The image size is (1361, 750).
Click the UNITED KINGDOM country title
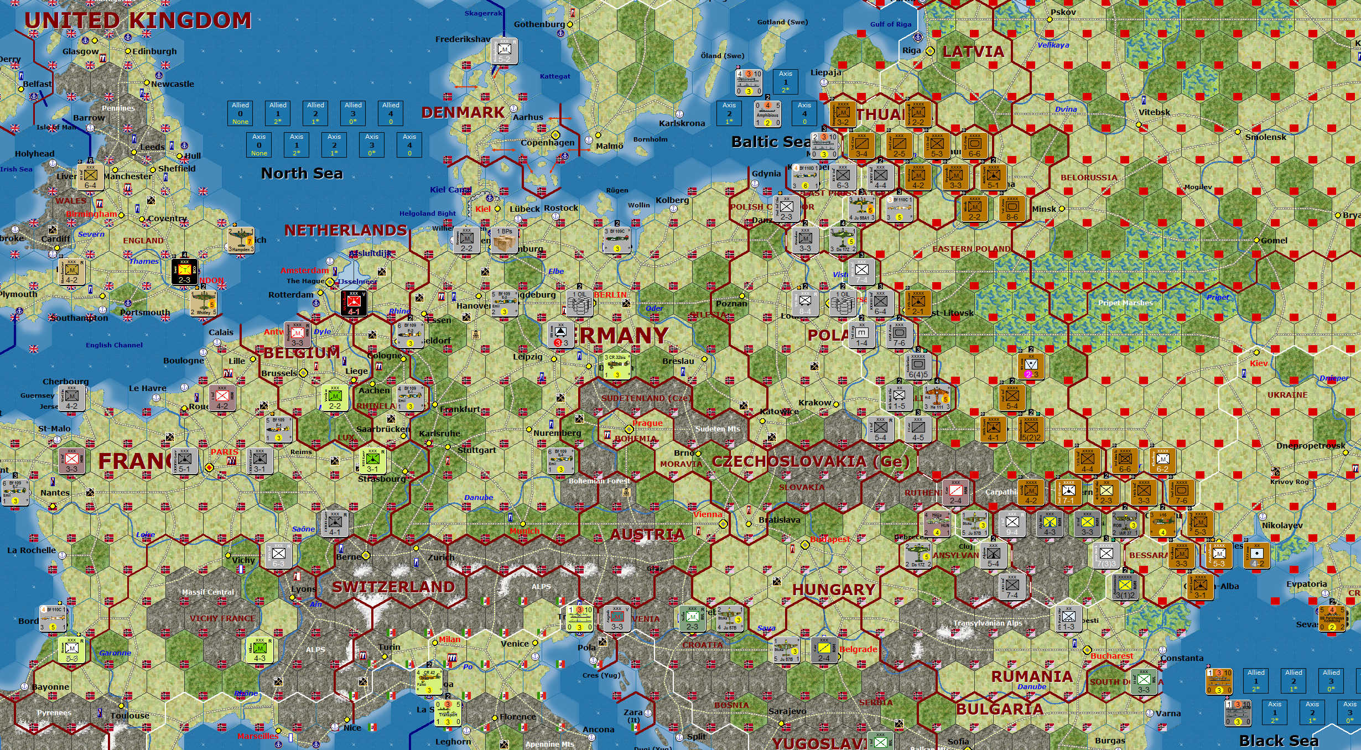pos(138,20)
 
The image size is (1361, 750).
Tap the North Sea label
pos(302,174)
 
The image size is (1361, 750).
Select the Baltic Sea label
pos(771,142)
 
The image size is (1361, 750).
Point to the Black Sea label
pos(1279,741)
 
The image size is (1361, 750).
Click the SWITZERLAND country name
pos(393,587)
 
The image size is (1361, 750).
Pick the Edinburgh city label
pos(154,51)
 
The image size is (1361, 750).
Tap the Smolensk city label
pos(1265,137)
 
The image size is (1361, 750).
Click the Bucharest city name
pos(1111,656)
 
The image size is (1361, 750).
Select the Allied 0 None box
pos(240,113)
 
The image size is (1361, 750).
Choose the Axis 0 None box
pos(259,144)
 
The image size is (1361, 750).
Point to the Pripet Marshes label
pos(1125,303)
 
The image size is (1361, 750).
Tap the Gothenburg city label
pos(539,24)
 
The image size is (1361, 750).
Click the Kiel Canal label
pos(450,190)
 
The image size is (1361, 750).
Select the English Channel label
pos(114,345)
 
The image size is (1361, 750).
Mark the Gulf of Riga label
pos(891,24)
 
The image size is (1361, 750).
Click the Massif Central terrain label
pos(208,592)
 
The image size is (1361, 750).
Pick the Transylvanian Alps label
pos(988,623)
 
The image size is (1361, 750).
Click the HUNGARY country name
pos(834,590)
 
